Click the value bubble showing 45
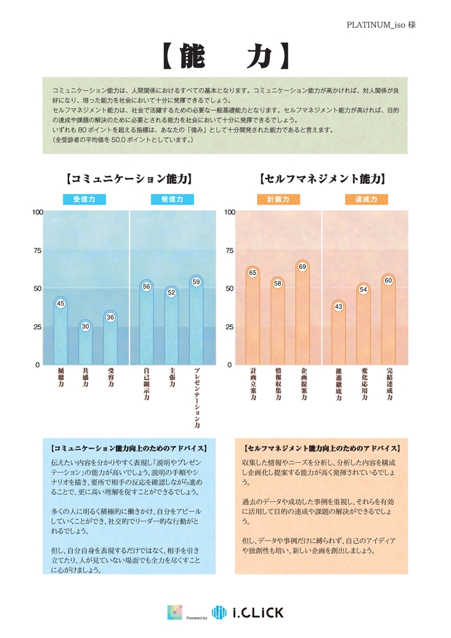click(60, 303)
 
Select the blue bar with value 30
click(85, 346)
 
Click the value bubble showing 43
click(338, 307)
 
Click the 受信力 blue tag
click(85, 200)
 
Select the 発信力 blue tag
click(172, 200)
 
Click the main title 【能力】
click(225, 56)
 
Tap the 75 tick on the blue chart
click(39, 250)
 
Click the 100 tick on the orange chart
click(230, 212)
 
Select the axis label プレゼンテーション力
click(196, 399)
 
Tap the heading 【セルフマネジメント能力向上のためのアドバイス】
click(321, 449)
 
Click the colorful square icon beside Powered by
click(174, 612)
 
